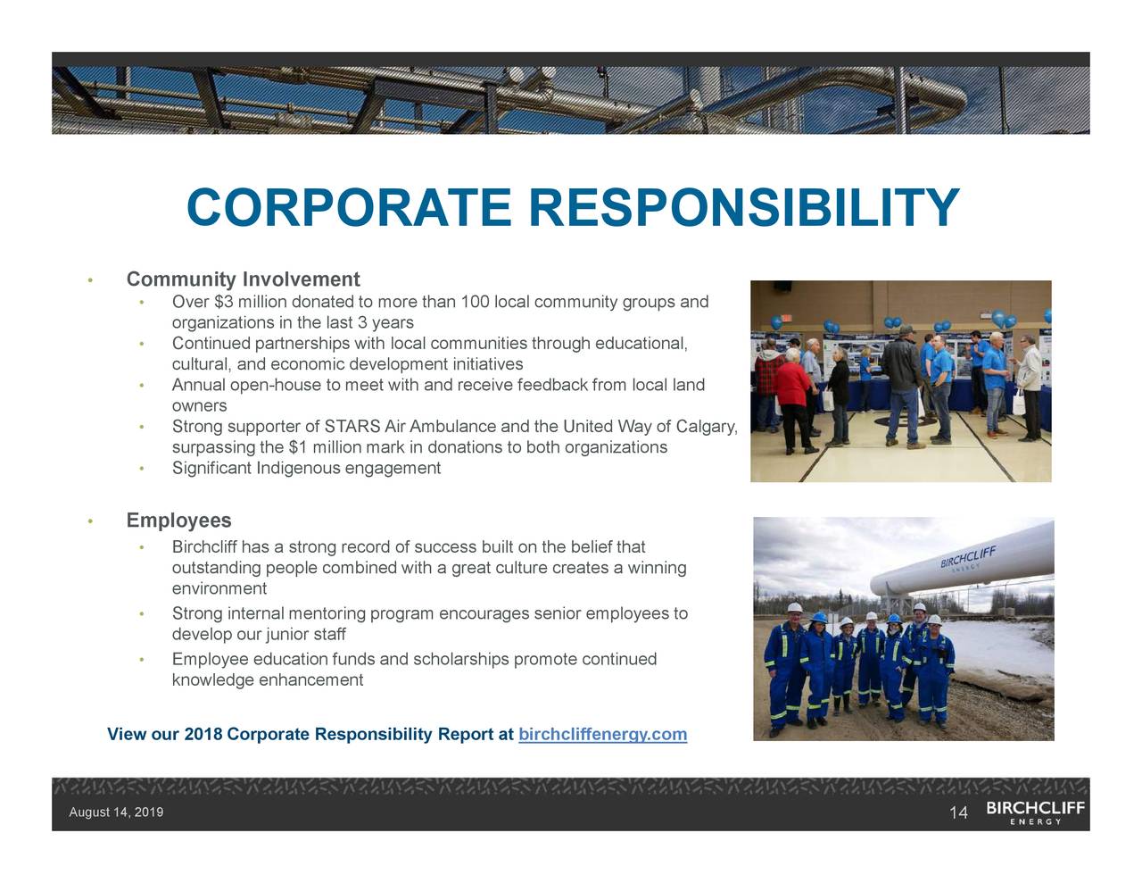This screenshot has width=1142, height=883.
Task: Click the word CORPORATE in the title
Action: (x=349, y=208)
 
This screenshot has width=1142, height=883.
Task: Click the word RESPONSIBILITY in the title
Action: (x=743, y=208)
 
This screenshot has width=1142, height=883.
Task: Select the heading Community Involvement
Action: (x=243, y=279)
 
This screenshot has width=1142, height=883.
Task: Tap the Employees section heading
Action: (x=178, y=521)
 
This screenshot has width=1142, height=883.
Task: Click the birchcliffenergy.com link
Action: (x=602, y=734)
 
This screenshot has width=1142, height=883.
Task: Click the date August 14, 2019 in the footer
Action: (x=116, y=812)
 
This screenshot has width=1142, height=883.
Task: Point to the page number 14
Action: (x=958, y=812)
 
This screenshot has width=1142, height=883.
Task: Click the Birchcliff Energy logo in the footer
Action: (x=1035, y=812)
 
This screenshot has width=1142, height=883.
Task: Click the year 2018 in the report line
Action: (x=203, y=734)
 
